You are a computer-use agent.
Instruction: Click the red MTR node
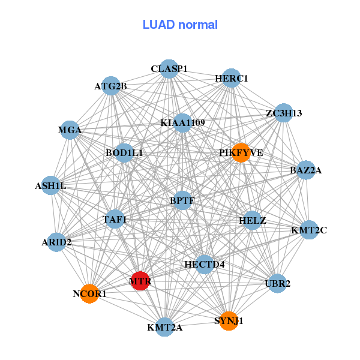(x=140, y=281)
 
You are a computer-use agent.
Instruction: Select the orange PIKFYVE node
(x=241, y=152)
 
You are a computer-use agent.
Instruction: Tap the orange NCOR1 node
(x=89, y=293)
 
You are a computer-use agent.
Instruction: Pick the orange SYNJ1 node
(x=228, y=321)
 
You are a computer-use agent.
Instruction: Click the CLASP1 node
(x=169, y=69)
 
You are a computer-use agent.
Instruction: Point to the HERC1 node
(x=232, y=79)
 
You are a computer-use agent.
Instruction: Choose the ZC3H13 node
(x=283, y=113)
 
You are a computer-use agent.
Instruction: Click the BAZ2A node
(x=306, y=170)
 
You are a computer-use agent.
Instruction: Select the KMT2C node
(x=309, y=230)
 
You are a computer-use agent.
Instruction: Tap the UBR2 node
(x=277, y=283)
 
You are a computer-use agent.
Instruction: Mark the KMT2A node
(x=164, y=327)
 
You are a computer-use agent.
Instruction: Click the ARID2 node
(x=56, y=242)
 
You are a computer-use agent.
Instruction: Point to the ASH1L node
(x=50, y=186)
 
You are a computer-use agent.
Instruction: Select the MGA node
(x=70, y=130)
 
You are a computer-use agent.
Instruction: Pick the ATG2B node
(x=110, y=86)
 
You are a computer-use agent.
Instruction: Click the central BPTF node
(x=182, y=200)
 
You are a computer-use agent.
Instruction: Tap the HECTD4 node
(x=205, y=264)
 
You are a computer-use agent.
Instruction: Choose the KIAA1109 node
(x=182, y=123)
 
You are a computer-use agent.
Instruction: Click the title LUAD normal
(x=180, y=25)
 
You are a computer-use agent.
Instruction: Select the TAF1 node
(x=115, y=219)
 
